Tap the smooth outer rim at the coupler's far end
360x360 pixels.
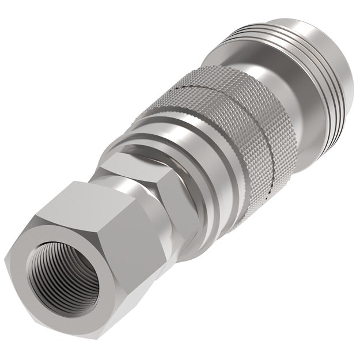click(x=340, y=86)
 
